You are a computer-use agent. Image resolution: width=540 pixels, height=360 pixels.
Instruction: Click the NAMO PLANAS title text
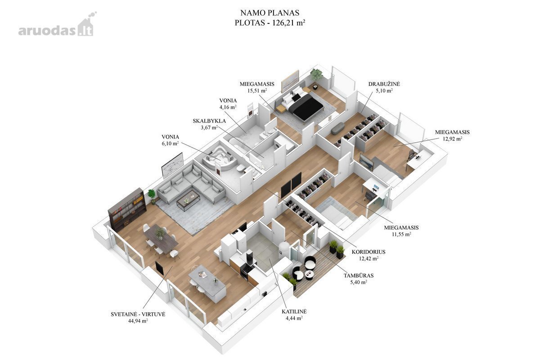click(x=270, y=13)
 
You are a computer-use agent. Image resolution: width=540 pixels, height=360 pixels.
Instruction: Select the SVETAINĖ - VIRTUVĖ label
click(x=138, y=314)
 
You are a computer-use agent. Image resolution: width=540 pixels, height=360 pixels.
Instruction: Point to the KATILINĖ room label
click(x=294, y=311)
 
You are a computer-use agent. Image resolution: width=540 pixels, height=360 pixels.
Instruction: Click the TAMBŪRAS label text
click(x=359, y=275)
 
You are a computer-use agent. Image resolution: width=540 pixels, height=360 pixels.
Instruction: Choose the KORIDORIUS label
click(x=369, y=252)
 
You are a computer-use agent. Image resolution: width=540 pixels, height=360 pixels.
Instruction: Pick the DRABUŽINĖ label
click(x=384, y=84)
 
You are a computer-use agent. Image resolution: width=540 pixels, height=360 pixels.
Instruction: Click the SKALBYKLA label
click(x=209, y=121)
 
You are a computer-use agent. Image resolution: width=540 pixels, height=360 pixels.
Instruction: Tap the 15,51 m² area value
click(x=257, y=90)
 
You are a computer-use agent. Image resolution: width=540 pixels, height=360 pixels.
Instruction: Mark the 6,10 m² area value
click(x=170, y=143)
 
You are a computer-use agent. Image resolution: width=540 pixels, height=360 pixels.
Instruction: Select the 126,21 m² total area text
click(x=289, y=22)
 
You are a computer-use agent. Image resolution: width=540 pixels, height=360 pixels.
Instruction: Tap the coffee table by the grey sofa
click(x=188, y=200)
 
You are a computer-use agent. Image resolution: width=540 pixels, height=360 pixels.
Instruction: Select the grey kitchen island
click(x=207, y=283)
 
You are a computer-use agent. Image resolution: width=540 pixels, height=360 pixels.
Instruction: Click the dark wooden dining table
click(x=161, y=238)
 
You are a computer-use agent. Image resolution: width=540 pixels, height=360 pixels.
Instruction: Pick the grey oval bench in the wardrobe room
click(x=338, y=128)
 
